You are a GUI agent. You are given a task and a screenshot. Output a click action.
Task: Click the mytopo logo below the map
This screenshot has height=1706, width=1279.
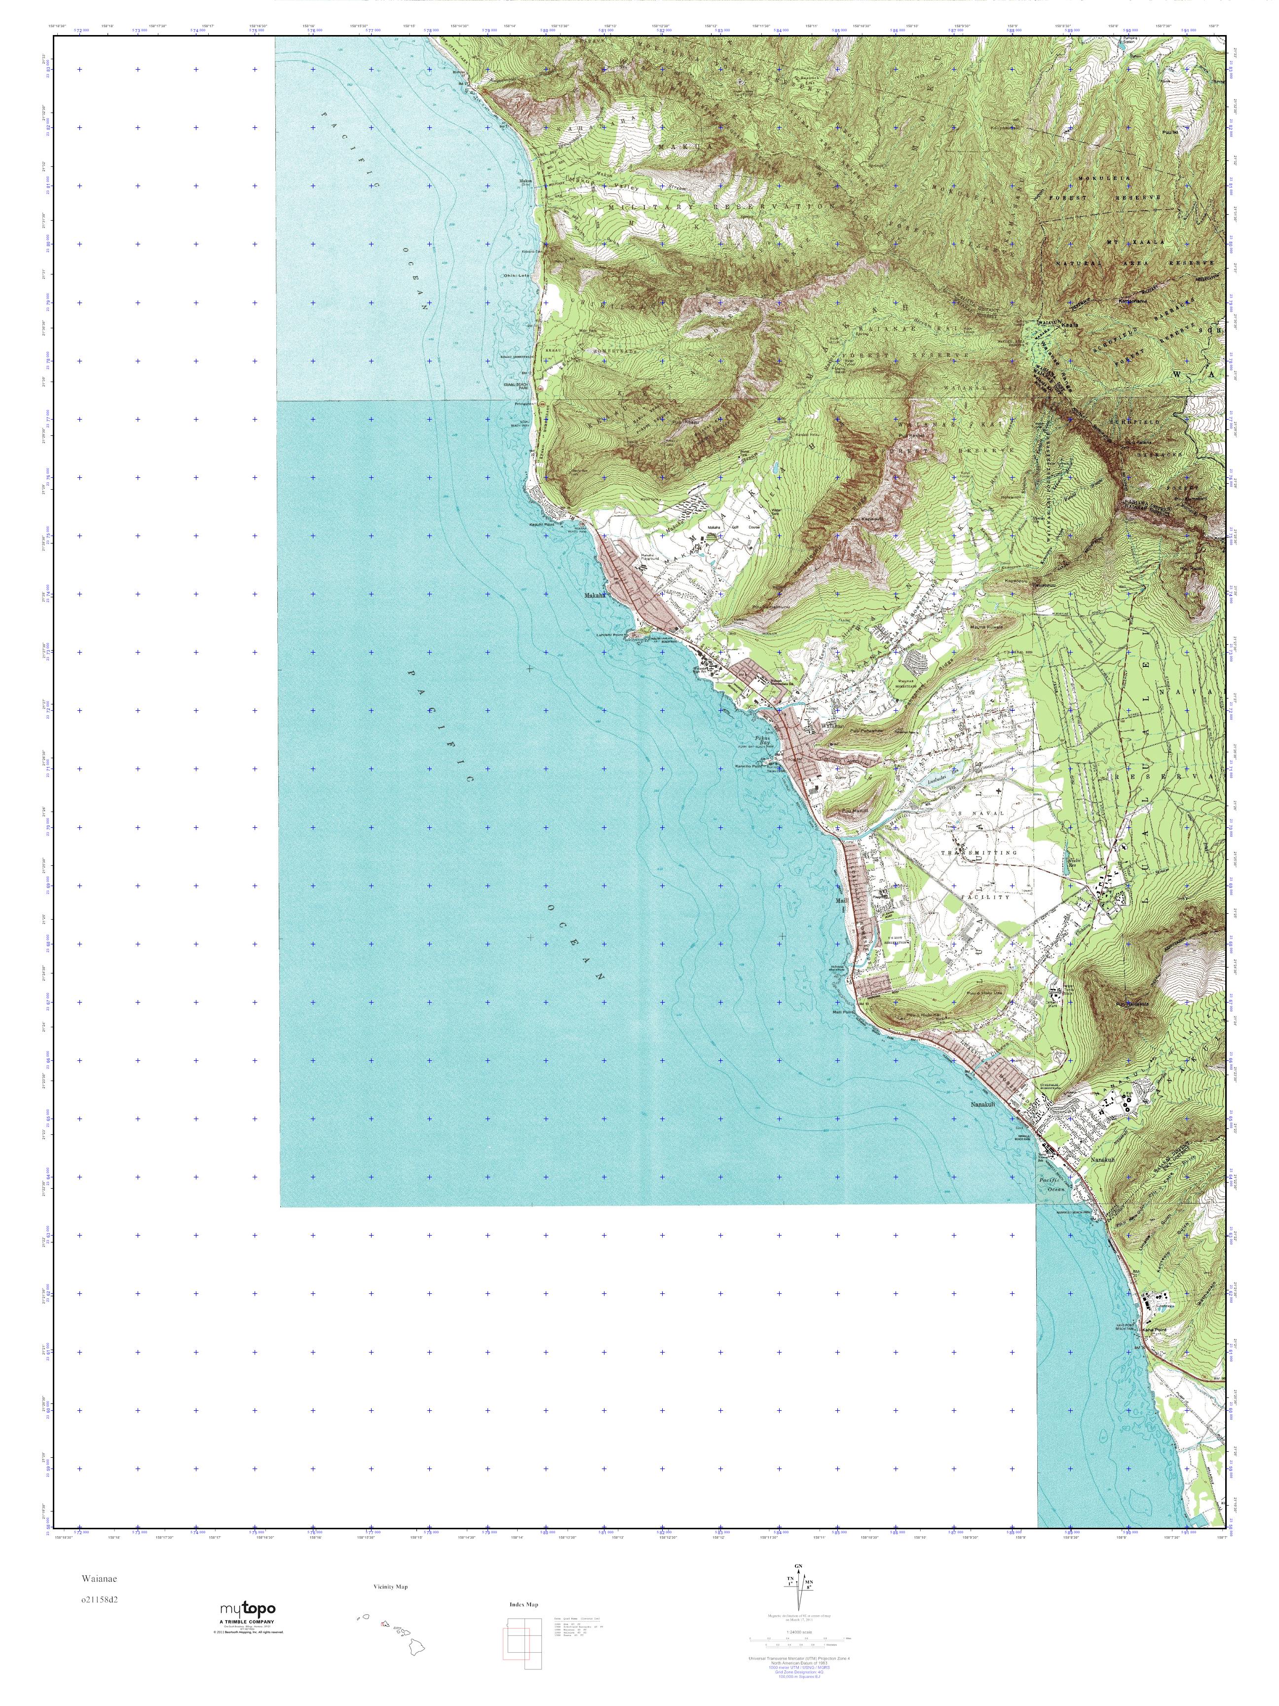click(x=248, y=1609)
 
